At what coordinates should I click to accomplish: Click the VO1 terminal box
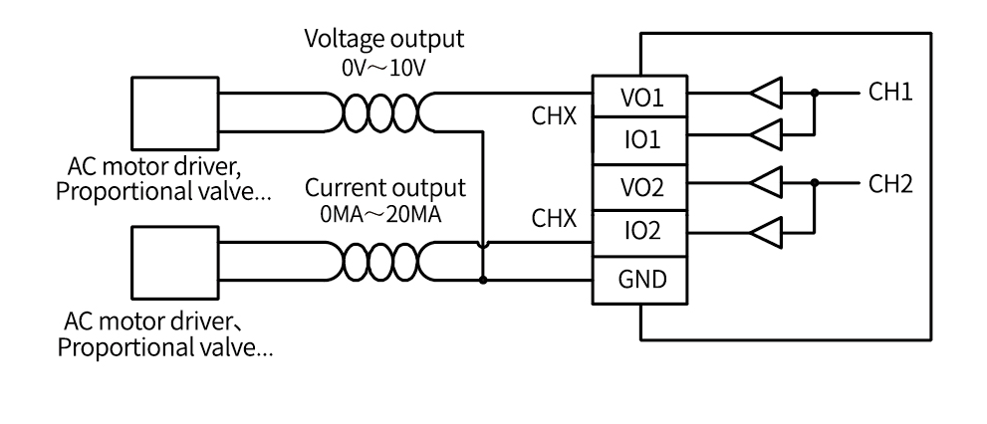(639, 97)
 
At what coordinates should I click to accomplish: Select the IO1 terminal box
(639, 140)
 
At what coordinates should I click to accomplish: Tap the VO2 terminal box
(639, 187)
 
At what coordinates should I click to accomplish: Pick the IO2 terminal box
(639, 233)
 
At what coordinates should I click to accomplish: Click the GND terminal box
(639, 280)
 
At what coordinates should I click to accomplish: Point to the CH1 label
(890, 92)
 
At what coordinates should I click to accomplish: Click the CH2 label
(890, 184)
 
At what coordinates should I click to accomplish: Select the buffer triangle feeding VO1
(766, 94)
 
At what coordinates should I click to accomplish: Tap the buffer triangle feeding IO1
(766, 134)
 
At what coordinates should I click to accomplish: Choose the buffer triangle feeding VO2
(766, 183)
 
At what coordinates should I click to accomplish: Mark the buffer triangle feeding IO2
(766, 233)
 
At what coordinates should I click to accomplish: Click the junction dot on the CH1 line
(815, 94)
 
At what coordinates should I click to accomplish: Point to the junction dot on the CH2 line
(815, 183)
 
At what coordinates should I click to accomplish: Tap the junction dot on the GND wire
(483, 280)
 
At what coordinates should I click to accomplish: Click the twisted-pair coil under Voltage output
(380, 112)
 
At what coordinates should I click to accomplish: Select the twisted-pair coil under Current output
(380, 262)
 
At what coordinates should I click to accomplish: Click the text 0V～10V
(383, 68)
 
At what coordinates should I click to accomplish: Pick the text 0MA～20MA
(380, 215)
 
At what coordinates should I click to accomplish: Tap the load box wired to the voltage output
(175, 113)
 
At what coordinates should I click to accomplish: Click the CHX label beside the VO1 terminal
(554, 115)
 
